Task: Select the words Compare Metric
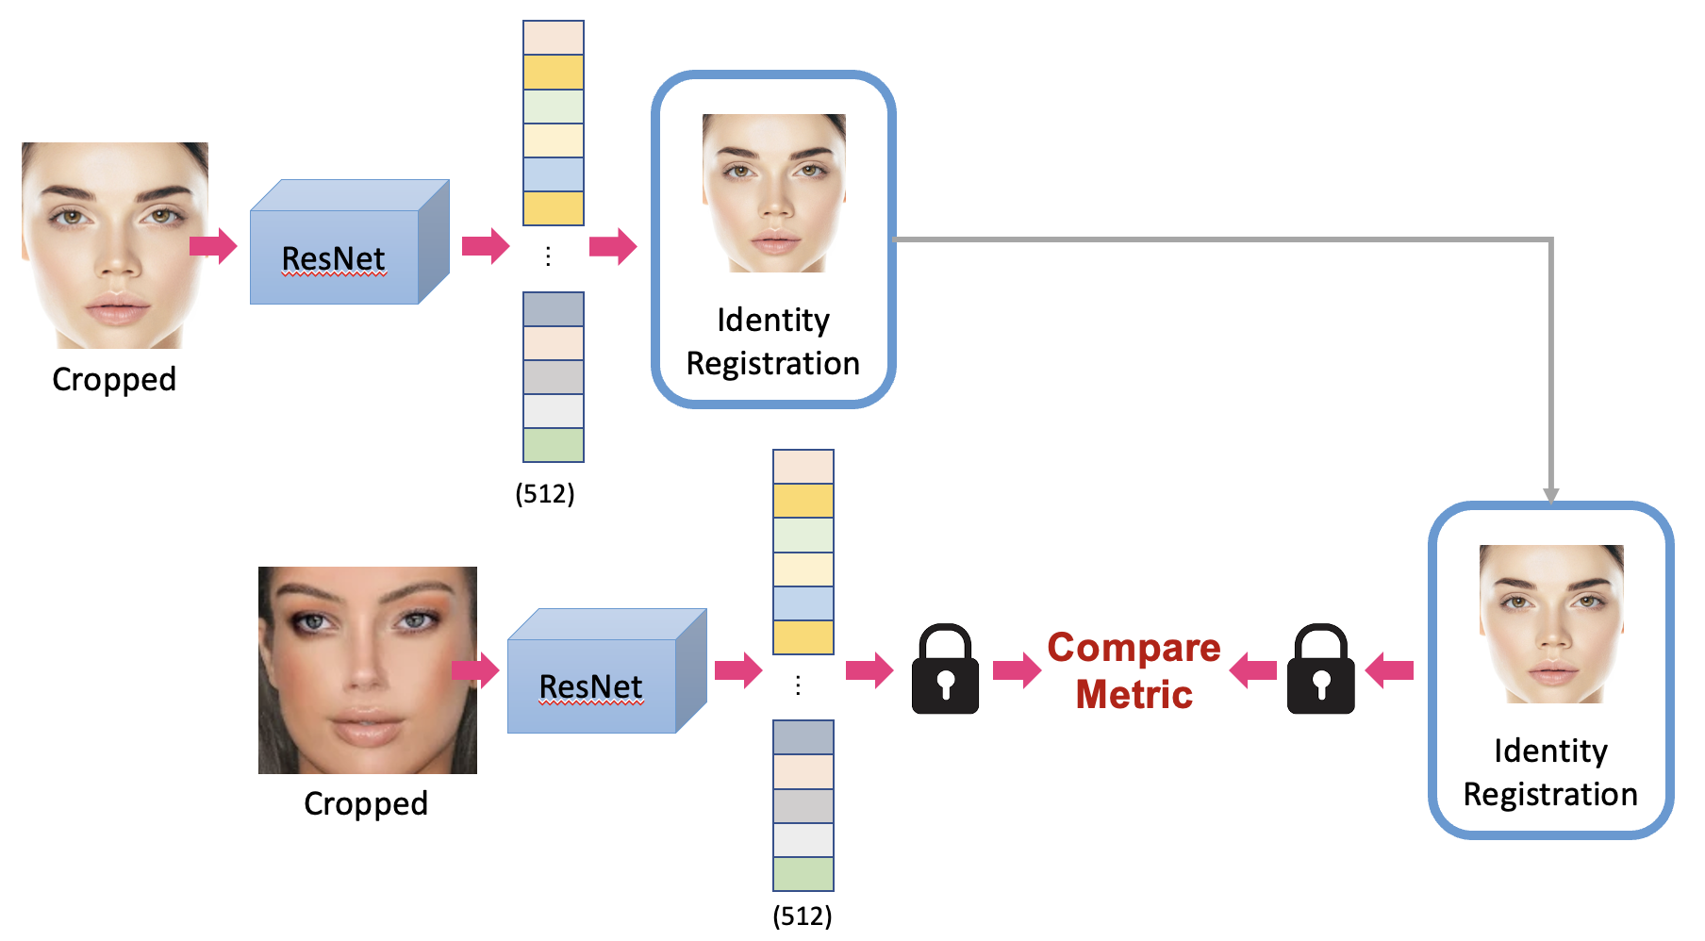1134,670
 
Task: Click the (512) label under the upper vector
545,493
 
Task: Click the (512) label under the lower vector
803,916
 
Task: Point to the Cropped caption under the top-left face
114,379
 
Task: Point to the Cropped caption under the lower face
366,803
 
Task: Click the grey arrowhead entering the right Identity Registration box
1550,495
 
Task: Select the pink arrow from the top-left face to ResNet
213,246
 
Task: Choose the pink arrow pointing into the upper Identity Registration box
613,246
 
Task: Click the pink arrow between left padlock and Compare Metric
1017,669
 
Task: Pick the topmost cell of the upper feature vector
554,38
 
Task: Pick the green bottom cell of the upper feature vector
554,445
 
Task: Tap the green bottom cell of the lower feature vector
803,873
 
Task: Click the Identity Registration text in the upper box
773,341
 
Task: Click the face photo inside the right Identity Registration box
1551,623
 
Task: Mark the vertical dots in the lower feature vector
798,685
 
